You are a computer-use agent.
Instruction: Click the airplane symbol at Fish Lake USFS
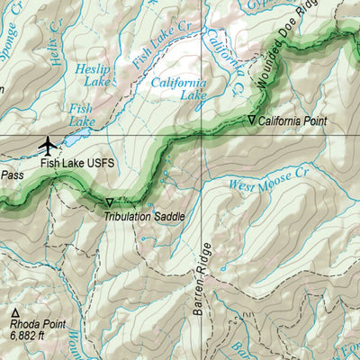(x=48, y=143)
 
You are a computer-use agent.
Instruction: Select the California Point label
(x=292, y=120)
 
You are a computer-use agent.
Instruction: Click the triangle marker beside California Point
(x=251, y=119)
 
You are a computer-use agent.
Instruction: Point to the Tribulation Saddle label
(x=144, y=216)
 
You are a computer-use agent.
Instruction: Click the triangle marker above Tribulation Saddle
(x=110, y=203)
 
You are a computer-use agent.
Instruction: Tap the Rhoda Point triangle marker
(x=15, y=311)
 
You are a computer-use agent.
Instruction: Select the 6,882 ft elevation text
(x=28, y=335)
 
